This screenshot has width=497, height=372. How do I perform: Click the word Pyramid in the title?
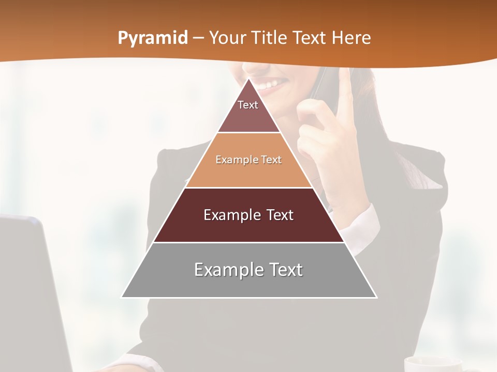pyautogui.click(x=152, y=38)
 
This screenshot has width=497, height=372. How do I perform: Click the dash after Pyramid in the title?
pyautogui.click(x=198, y=38)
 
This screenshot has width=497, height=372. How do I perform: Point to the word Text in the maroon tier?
pyautogui.click(x=276, y=215)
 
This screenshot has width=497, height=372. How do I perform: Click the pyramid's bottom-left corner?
pyautogui.click(x=122, y=297)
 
